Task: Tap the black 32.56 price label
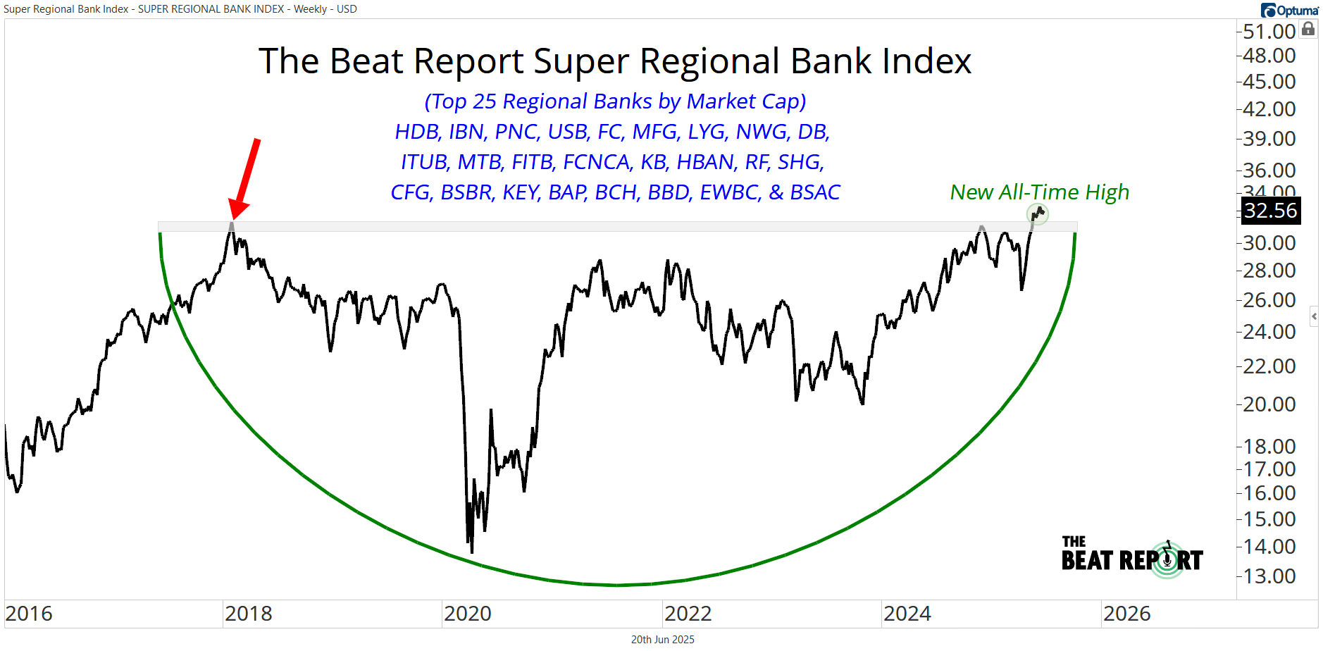(1270, 211)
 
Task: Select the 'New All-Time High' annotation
(1039, 192)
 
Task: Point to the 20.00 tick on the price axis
(1269, 404)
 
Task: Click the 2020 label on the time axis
(468, 614)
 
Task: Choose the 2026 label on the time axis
(1127, 614)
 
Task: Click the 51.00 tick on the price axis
(1269, 32)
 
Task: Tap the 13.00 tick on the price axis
(1269, 576)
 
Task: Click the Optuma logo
(1289, 10)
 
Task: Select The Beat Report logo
(1132, 555)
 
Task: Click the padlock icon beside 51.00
(1308, 29)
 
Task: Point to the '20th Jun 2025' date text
(662, 640)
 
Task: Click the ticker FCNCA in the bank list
(597, 162)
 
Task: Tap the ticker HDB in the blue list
(417, 132)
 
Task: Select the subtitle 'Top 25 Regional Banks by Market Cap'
(615, 101)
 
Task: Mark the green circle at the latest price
(1038, 213)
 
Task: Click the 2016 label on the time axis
(29, 614)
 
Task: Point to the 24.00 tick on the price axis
(1269, 332)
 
